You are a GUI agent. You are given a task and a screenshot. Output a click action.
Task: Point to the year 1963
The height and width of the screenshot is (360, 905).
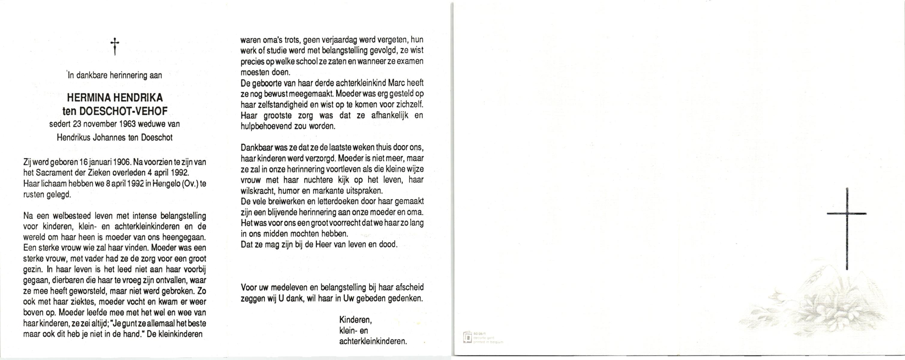125,124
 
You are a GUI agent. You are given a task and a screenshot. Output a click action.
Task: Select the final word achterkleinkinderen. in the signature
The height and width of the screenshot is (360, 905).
373,341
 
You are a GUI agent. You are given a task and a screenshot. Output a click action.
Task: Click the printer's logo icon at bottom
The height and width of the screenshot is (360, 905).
467,337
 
